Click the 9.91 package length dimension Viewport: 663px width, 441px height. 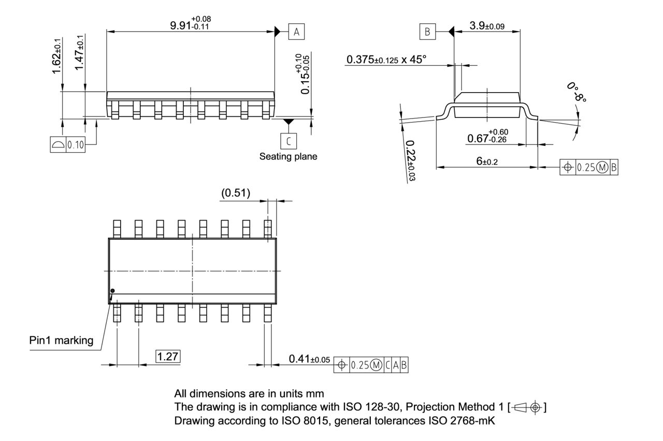pyautogui.click(x=190, y=24)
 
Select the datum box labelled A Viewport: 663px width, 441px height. pyautogui.click(x=296, y=32)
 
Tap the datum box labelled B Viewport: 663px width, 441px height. pyautogui.click(x=427, y=32)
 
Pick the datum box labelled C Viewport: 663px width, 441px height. pyautogui.click(x=289, y=140)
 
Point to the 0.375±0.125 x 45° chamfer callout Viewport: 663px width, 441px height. pyautogui.click(x=386, y=60)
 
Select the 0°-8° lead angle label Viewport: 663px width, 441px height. pyautogui.click(x=576, y=92)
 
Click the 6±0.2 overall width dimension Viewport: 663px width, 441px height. pyautogui.click(x=486, y=161)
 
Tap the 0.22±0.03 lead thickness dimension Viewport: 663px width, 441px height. pyautogui.click(x=411, y=160)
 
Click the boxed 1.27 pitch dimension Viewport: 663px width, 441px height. pyautogui.click(x=168, y=357)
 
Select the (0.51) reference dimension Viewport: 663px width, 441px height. pyautogui.click(x=235, y=193)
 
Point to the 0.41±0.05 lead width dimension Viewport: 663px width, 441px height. pyautogui.click(x=309, y=359)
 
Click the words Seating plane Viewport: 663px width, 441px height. pyautogui.click(x=288, y=156)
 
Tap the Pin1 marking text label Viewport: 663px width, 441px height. pyautogui.click(x=61, y=340)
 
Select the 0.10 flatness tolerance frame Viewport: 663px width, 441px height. pyautogui.click(x=68, y=144)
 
